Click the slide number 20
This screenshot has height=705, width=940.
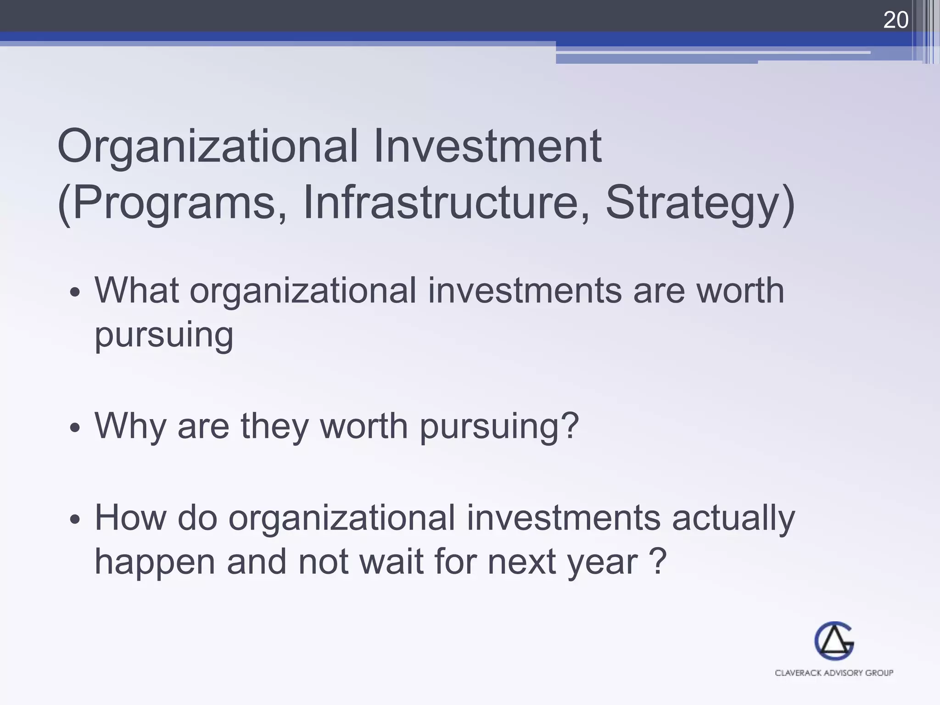[x=895, y=20]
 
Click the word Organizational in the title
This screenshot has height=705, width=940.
[x=207, y=147]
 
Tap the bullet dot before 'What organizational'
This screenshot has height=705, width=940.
[x=75, y=292]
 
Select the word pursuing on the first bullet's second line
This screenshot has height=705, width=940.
[x=164, y=335]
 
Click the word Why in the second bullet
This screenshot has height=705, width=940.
[x=130, y=426]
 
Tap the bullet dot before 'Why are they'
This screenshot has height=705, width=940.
[x=75, y=428]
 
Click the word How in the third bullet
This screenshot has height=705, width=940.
[x=130, y=518]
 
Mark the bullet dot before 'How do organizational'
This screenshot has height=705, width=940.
[x=75, y=520]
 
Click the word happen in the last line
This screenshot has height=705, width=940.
[x=155, y=562]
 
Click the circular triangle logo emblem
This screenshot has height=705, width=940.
[x=834, y=641]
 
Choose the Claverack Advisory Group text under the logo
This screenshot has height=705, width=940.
[x=834, y=673]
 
